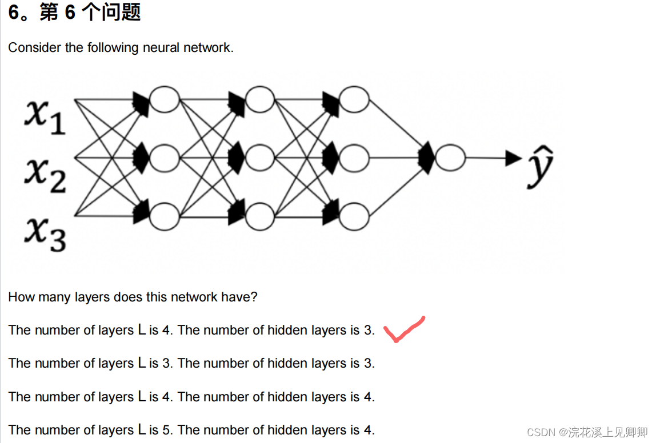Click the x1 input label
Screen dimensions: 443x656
pos(45,117)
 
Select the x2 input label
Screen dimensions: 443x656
pos(45,175)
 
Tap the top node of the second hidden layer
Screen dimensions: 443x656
pos(260,100)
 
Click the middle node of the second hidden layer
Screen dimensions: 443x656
pos(260,158)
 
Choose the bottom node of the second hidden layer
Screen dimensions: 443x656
pos(260,216)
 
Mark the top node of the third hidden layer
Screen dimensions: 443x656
pos(354,100)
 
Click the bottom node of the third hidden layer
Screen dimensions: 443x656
pos(354,216)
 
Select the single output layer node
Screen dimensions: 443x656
pos(450,158)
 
